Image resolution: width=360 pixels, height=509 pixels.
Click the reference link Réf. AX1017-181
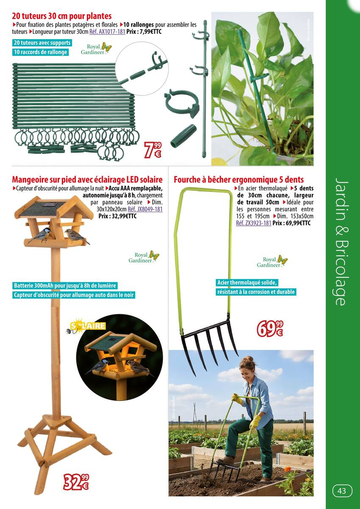click(107, 31)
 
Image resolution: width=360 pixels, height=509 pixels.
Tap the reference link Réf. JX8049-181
click(145, 209)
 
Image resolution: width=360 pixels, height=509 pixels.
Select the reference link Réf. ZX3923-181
click(254, 223)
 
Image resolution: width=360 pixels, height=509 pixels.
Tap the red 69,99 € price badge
click(270, 329)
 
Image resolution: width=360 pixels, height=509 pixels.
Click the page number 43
click(342, 491)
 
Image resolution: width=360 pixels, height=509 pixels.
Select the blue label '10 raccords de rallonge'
click(40, 52)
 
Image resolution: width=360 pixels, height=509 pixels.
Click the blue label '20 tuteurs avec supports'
click(42, 43)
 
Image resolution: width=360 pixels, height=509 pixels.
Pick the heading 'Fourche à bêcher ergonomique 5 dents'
click(239, 180)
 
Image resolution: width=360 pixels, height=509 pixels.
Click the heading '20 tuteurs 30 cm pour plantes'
click(62, 16)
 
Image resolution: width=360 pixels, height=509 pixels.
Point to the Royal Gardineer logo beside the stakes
click(96, 49)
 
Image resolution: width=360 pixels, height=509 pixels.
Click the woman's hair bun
click(249, 358)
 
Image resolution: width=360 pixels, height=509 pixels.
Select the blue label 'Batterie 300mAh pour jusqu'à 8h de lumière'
click(65, 285)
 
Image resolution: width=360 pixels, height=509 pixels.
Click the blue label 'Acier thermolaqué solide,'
click(247, 283)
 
